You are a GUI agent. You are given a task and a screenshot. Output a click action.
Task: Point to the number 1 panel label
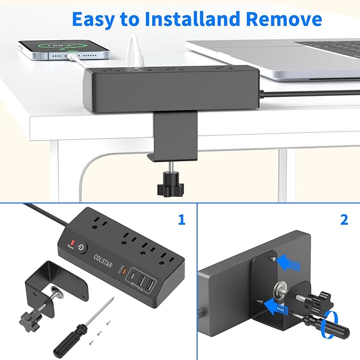pos(182,219)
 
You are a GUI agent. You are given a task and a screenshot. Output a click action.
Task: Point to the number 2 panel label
pos(344,219)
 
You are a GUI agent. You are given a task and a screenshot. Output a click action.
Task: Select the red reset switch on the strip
pos(69,244)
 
